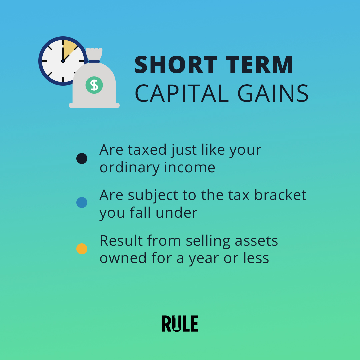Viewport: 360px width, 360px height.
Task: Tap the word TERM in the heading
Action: point(260,65)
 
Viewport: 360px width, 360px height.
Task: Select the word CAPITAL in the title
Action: point(182,93)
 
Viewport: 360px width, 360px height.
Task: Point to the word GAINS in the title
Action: point(273,93)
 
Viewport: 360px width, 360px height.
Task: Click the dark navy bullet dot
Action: point(82,158)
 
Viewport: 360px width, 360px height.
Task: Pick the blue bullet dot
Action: point(82,203)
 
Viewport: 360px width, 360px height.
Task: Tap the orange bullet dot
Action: point(82,249)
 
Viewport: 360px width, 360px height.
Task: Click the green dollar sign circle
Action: point(94,85)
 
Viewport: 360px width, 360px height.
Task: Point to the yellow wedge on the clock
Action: point(69,48)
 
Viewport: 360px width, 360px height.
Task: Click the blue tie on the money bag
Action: point(94,62)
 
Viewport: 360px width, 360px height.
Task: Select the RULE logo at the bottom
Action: point(180,323)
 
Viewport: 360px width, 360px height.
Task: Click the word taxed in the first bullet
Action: point(147,150)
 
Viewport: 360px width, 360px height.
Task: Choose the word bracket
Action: point(280,195)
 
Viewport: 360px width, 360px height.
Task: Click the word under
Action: point(177,212)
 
